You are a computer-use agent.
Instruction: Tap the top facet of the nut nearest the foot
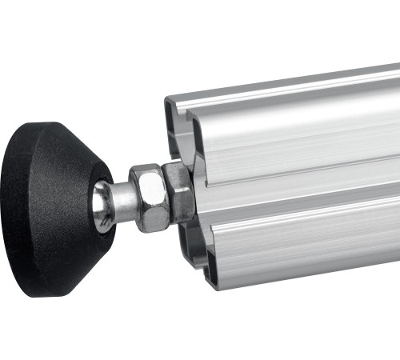146,171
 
